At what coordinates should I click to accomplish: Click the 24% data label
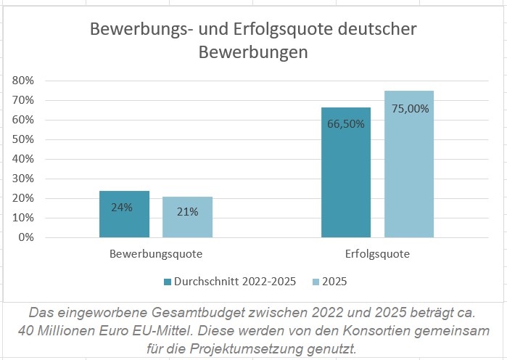122,207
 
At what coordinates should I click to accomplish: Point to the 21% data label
187,211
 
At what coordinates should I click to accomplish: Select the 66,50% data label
346,123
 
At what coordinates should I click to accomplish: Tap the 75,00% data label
410,109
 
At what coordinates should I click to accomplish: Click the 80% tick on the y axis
23,81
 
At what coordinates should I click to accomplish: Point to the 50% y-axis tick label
23,139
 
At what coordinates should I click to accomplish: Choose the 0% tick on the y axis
26,237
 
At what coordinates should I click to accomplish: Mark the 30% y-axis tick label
23,179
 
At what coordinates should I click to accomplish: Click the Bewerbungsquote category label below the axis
156,255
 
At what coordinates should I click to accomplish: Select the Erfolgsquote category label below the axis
377,255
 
